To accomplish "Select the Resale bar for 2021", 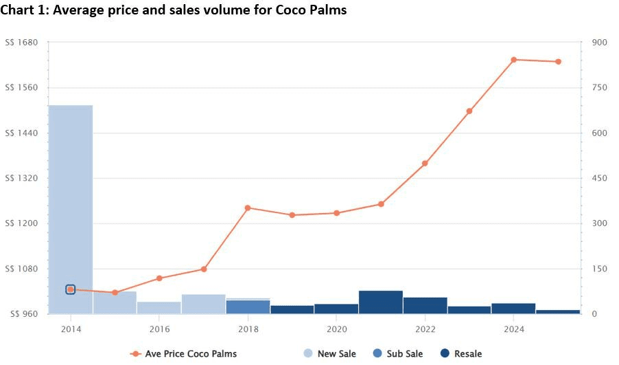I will click(x=381, y=302).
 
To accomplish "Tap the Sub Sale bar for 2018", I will click(x=248, y=307).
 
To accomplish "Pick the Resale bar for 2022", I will click(x=425, y=305).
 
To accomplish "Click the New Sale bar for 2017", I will click(x=204, y=304).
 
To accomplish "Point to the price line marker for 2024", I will click(x=514, y=60).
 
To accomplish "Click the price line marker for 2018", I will click(x=248, y=208).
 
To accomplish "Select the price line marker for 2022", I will click(x=425, y=164).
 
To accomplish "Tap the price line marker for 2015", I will click(x=115, y=293).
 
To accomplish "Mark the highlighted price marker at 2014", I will click(x=71, y=289).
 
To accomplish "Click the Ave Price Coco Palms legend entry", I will click(x=183, y=354).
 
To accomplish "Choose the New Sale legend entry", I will click(x=329, y=354).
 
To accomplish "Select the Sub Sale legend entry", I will click(x=397, y=354).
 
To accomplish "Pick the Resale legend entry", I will click(x=461, y=354).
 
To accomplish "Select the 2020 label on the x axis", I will click(x=336, y=329).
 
